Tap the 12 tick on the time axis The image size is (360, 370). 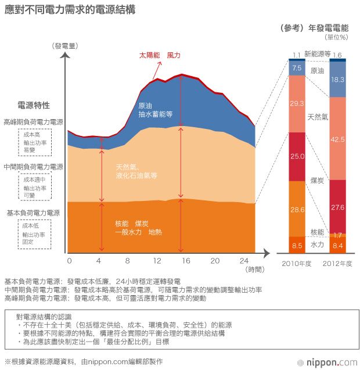point(157,260)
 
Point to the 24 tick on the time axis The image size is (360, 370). point(244,260)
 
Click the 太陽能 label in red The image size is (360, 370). point(149,55)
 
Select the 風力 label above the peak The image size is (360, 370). point(174,55)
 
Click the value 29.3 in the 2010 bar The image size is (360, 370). point(297,104)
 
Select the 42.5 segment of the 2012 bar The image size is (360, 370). point(337,139)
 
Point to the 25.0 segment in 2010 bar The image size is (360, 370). point(297,156)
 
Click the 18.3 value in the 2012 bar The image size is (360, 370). point(337,80)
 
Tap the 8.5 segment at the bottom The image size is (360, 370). point(297,245)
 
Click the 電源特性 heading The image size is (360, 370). point(34,106)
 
